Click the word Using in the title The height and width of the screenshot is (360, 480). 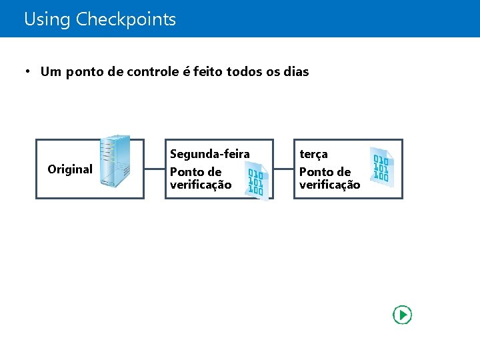47,19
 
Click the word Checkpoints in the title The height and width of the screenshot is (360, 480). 126,19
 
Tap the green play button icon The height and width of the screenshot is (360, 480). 403,315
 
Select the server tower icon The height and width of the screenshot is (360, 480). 114,165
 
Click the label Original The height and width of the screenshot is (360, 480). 70,169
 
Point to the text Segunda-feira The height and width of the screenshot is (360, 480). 209,154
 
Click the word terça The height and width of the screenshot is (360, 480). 313,154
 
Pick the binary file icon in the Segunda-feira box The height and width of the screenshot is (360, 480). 256,182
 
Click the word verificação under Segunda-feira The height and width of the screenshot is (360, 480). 201,185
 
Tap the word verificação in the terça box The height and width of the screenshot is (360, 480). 329,185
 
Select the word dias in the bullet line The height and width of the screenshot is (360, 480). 297,71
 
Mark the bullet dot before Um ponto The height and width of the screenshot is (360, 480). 28,71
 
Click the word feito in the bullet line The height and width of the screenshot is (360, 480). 208,71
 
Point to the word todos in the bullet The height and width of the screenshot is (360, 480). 245,71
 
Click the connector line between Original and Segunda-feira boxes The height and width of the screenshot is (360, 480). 154,169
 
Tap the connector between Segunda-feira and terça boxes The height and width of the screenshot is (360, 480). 283,169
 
